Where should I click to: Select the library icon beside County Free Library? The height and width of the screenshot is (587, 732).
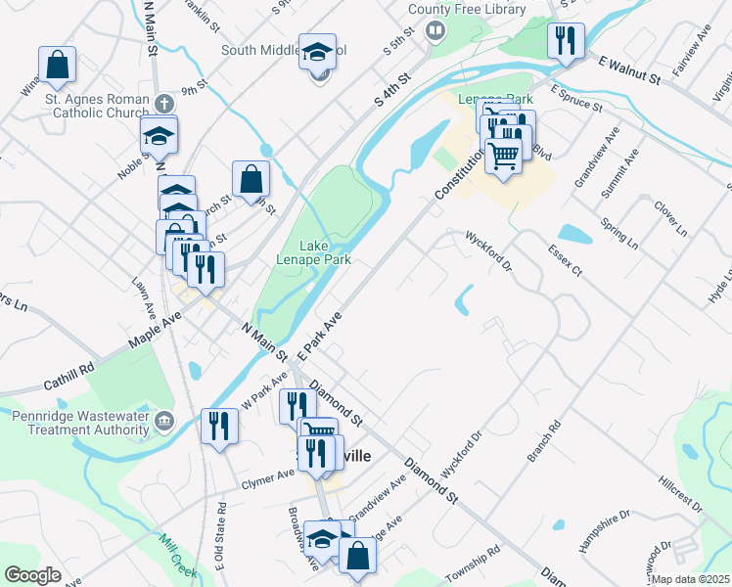[435, 30]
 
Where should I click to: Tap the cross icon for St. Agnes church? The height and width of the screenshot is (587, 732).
[164, 102]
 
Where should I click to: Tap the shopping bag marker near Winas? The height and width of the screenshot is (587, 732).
[58, 65]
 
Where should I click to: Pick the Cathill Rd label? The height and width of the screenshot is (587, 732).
[73, 369]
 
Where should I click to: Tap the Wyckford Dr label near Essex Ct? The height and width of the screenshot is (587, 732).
[489, 250]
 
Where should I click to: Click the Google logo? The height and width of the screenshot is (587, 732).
[32, 575]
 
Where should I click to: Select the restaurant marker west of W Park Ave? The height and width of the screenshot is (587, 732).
[217, 426]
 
